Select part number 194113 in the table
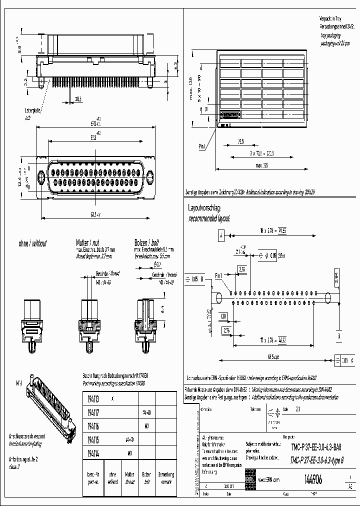[93, 399]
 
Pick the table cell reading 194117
[93, 413]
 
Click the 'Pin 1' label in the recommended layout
[218, 275]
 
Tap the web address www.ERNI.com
[268, 479]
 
